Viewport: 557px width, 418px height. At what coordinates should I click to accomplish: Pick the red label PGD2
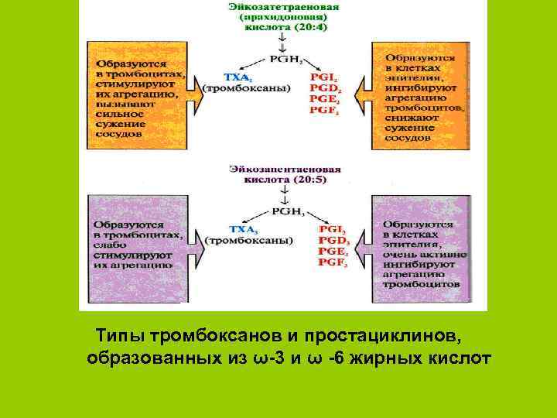click(x=325, y=88)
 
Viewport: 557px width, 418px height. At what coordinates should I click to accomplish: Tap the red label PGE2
click(x=325, y=99)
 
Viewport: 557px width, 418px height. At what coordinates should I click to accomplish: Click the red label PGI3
click(x=333, y=229)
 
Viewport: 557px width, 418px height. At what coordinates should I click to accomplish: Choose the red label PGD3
click(x=333, y=241)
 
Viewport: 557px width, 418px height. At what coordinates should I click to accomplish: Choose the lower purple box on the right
click(x=421, y=249)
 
